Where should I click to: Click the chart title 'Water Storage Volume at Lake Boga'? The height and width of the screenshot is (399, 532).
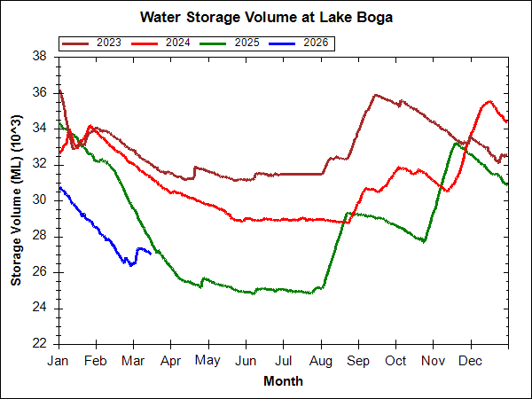(x=266, y=17)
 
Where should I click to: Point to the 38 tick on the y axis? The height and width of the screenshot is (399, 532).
(x=39, y=56)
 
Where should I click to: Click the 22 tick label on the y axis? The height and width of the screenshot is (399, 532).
(x=39, y=343)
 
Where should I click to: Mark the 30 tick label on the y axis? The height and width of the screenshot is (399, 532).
(x=39, y=199)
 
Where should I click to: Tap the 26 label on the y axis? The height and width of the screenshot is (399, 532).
(x=39, y=271)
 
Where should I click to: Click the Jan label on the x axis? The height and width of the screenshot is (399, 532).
(x=59, y=361)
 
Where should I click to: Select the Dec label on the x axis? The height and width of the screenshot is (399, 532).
(x=471, y=361)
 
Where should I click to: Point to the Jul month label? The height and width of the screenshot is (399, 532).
(x=283, y=361)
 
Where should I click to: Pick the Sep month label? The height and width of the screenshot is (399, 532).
(x=358, y=361)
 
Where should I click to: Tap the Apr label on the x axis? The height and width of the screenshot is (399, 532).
(x=170, y=361)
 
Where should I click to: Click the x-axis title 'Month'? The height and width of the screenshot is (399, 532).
(x=283, y=381)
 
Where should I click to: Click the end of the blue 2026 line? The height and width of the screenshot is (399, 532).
(x=151, y=253)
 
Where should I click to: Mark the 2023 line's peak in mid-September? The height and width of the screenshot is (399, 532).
(x=375, y=94)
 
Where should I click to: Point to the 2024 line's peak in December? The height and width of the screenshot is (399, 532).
(x=489, y=101)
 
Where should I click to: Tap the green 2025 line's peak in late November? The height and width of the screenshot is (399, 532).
(x=457, y=143)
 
